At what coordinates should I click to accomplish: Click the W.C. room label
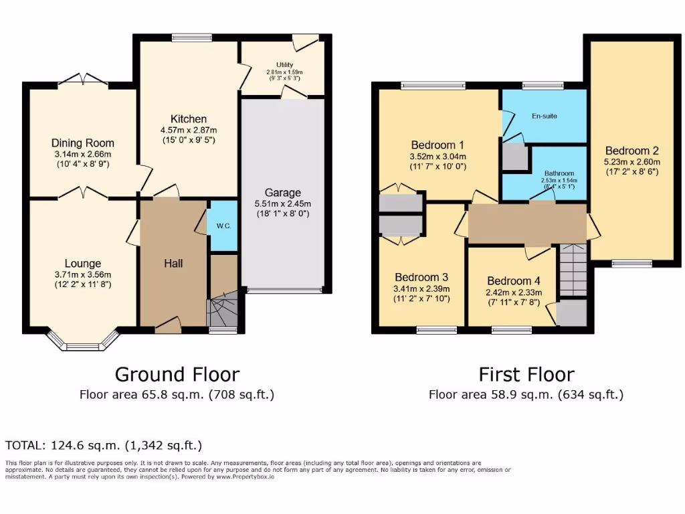point(223,226)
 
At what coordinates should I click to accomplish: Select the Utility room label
point(284,65)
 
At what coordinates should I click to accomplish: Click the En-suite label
point(545,116)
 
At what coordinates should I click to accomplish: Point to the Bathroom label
point(559,173)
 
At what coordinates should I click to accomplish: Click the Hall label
point(173,264)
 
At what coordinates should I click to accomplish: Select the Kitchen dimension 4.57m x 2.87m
point(188,130)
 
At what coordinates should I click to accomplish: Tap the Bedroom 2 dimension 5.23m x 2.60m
point(631,161)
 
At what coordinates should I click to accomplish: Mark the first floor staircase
point(573,270)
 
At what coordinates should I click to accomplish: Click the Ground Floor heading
point(177,374)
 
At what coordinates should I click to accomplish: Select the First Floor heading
point(526,374)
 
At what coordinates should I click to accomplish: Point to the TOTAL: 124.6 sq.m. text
point(104,445)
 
